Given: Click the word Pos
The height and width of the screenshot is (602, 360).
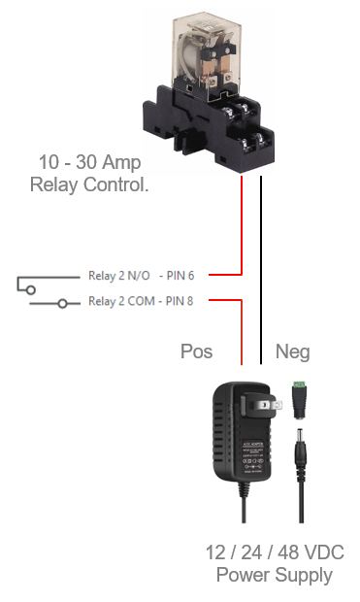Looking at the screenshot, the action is coord(196,351).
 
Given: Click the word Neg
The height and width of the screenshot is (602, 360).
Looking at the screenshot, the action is coord(293,352).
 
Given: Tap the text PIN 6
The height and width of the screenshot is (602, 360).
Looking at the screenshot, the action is coord(180,276).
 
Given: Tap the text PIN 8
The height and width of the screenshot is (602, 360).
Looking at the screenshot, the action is coord(180,301).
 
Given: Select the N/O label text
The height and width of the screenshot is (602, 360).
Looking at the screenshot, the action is coord(139,276).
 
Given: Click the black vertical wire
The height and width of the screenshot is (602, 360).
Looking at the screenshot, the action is coord(261,270).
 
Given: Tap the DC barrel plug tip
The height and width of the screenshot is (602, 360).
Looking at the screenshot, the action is coord(300,438).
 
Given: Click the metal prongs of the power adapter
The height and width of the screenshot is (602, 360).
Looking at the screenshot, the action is coord(270,405).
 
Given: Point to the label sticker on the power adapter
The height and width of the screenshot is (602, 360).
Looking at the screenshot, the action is coord(252,457).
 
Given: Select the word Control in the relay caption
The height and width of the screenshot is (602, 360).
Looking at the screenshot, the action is coord(115,184).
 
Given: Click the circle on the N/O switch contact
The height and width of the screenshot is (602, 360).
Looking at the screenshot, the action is coord(31,289).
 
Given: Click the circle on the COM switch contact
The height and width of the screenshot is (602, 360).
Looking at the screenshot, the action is coord(62,304).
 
